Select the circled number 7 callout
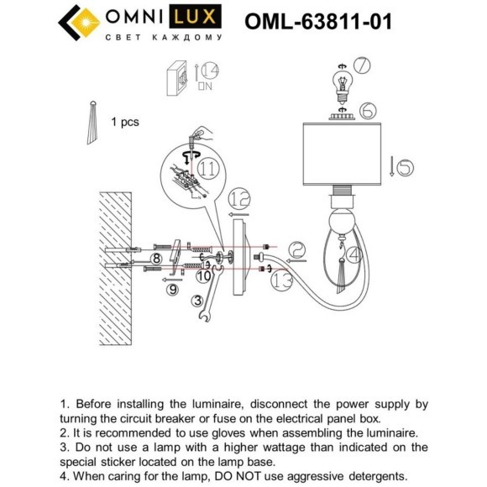(x=362, y=65)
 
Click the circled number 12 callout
(x=239, y=199)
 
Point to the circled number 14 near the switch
(x=208, y=71)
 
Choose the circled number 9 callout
(x=172, y=290)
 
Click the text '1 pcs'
(x=124, y=122)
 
